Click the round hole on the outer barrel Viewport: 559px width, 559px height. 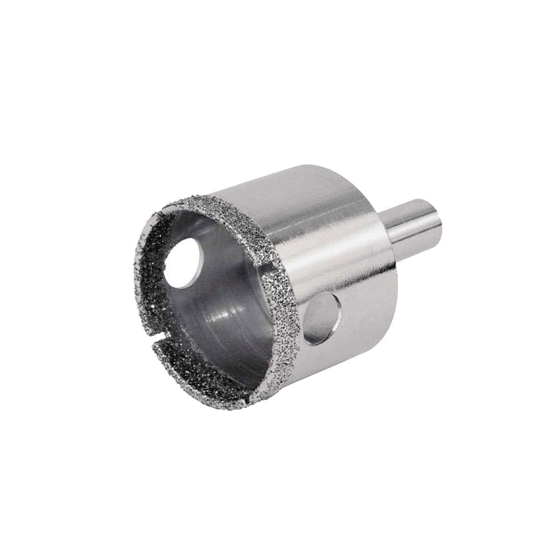(x=323, y=319)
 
